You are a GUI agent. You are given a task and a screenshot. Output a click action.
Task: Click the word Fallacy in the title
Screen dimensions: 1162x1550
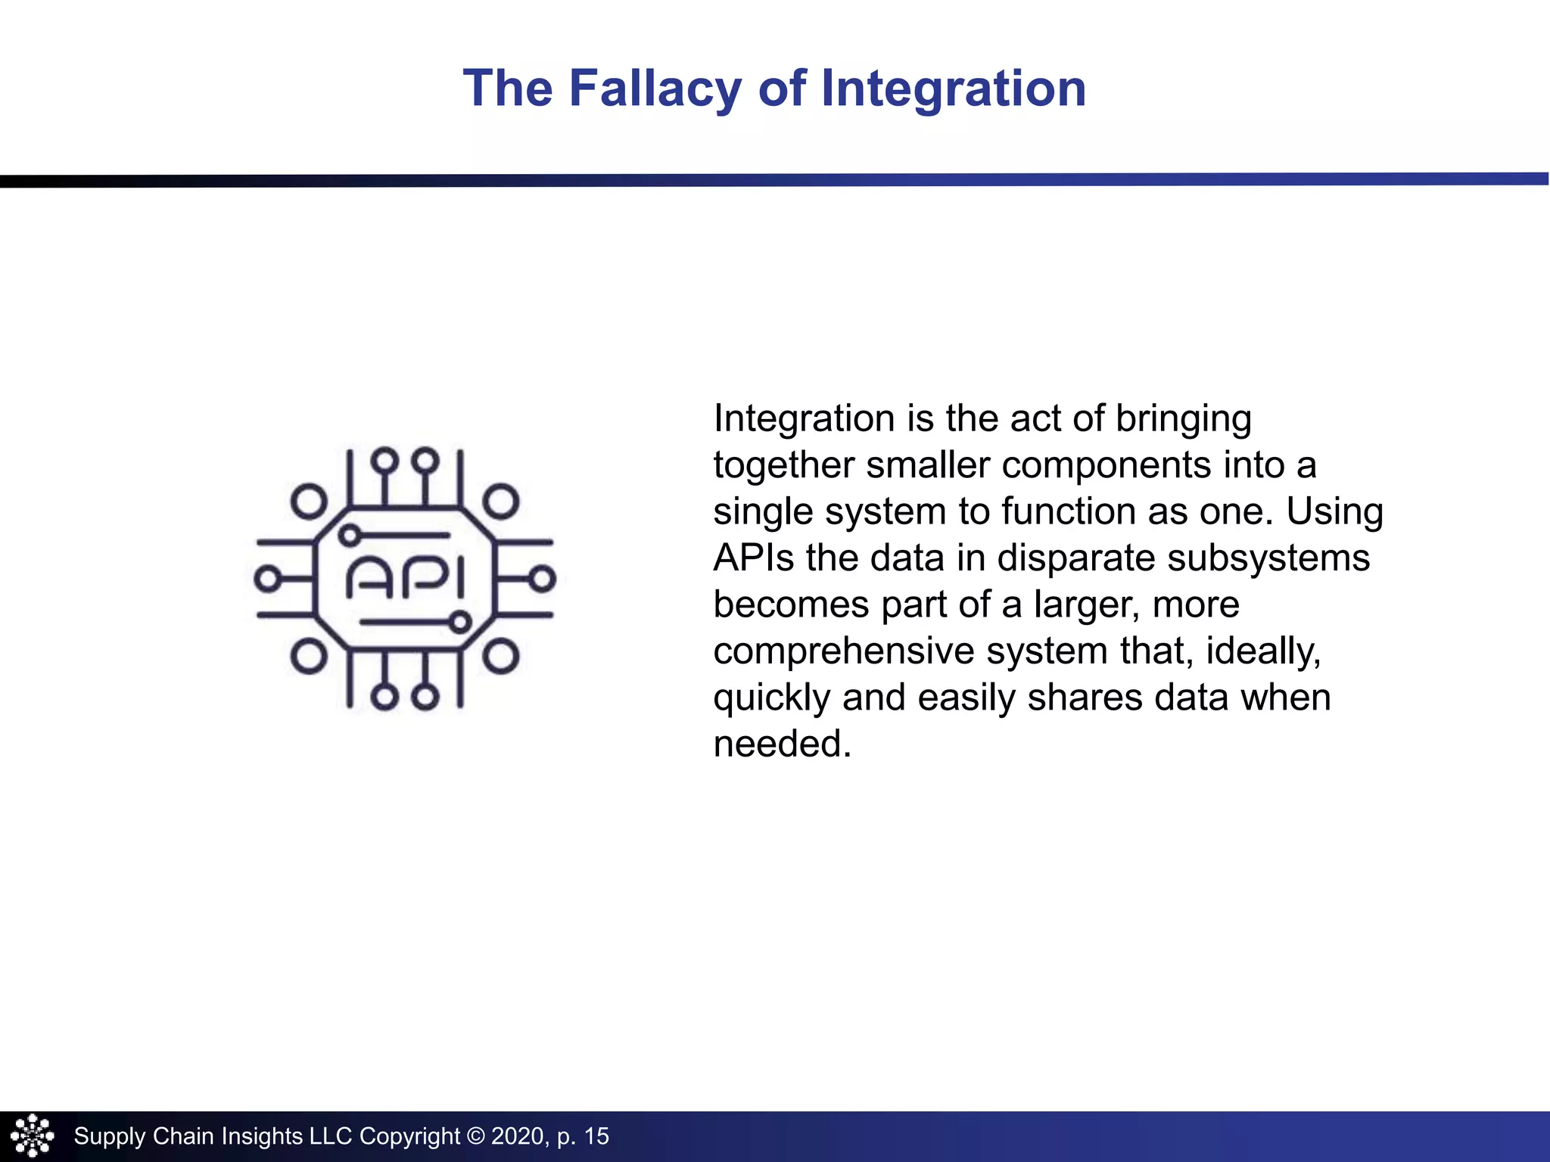pos(655,89)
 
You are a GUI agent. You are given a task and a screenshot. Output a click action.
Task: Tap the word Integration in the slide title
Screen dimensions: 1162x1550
pos(953,89)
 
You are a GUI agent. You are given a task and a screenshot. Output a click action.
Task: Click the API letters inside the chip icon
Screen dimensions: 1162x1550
pos(406,579)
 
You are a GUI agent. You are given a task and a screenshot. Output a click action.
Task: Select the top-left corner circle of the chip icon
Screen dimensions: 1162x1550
pos(309,502)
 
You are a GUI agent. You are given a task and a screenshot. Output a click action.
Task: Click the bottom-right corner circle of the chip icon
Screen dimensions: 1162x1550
pos(501,656)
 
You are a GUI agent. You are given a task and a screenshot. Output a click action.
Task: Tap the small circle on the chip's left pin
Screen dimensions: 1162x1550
pos(266,579)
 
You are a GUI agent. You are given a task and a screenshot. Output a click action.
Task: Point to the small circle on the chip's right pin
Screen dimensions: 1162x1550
pos(542,579)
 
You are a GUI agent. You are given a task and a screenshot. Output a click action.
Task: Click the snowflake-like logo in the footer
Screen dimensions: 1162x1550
pos(33,1136)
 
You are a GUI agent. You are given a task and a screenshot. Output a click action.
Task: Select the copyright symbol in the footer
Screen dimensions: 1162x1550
pos(475,1136)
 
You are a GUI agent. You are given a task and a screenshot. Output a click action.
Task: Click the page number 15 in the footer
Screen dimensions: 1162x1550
pos(596,1136)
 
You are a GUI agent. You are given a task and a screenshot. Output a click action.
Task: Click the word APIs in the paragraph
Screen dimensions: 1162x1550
pos(754,558)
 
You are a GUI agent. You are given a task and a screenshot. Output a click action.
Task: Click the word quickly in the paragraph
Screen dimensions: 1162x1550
pos(771,698)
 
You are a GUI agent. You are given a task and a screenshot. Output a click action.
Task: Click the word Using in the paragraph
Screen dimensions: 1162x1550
pos(1335,512)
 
